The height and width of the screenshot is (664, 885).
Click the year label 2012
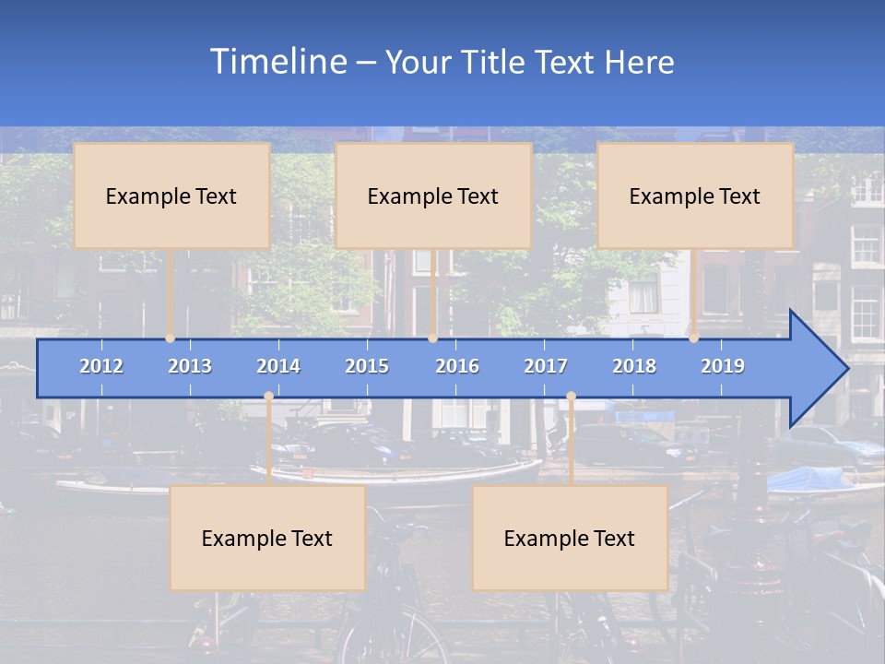tap(101, 366)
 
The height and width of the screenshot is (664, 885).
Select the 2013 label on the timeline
tap(190, 366)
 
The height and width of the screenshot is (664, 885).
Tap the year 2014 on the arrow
tap(278, 366)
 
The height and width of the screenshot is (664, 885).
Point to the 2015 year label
tap(367, 366)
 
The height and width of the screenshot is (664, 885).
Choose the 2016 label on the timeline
tap(457, 366)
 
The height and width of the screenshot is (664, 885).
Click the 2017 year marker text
tap(546, 366)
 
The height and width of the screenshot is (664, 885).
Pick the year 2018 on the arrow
tap(634, 366)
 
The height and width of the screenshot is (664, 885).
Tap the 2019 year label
tap(723, 366)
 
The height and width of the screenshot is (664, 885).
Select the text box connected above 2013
tap(171, 196)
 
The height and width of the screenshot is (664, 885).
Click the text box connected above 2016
tap(433, 196)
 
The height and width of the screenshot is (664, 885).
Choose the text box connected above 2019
tap(695, 196)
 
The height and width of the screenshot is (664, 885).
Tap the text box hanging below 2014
tap(267, 538)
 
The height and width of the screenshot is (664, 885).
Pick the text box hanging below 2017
tap(570, 538)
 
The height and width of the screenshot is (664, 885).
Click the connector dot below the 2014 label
tap(268, 397)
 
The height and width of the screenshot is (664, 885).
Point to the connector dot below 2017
tap(571, 397)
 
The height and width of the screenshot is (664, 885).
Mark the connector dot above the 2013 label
tap(170, 338)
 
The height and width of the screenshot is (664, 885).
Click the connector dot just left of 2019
tap(693, 338)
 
